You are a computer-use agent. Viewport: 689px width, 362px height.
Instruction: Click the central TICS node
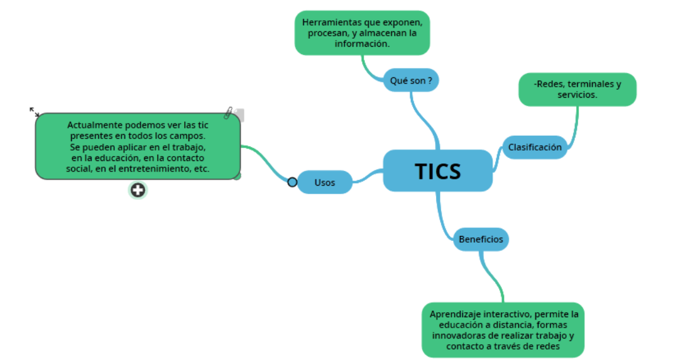click(437, 171)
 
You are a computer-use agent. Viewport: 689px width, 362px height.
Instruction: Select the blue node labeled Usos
click(325, 183)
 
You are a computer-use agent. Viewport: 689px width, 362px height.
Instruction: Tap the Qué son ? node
click(411, 81)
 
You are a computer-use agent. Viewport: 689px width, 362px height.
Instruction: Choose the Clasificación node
click(534, 148)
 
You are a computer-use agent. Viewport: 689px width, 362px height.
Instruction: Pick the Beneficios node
click(481, 239)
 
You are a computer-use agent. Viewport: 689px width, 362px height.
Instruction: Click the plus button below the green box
click(138, 191)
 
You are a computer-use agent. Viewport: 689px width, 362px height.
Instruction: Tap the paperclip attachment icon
click(229, 113)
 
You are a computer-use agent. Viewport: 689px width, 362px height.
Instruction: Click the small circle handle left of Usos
click(292, 182)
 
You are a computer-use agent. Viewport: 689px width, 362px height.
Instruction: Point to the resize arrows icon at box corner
click(34, 112)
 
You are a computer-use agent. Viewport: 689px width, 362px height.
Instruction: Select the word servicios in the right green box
click(577, 95)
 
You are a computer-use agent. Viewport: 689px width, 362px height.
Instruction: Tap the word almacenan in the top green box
click(381, 33)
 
